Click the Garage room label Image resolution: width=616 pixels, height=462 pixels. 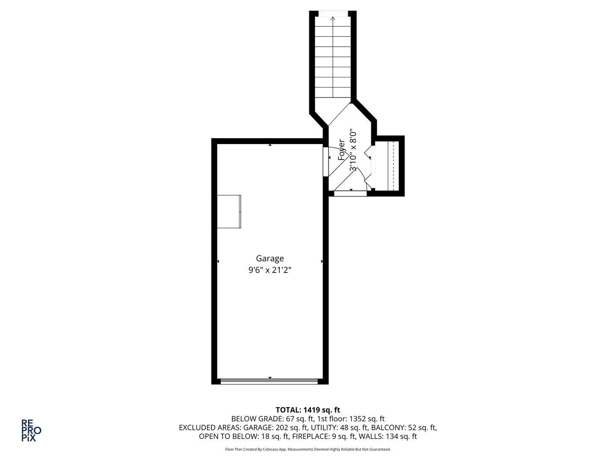click(269, 258)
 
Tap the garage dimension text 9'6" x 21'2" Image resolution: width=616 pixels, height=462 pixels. click(269, 270)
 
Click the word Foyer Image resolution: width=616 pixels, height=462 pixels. click(341, 150)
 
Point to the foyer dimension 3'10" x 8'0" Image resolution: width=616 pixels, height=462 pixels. click(353, 150)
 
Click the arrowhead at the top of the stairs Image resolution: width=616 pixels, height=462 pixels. click(333, 18)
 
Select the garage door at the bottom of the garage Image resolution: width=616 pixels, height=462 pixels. click(269, 381)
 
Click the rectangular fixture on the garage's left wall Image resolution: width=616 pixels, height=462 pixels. click(229, 211)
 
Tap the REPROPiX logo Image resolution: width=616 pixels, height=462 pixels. click(31, 430)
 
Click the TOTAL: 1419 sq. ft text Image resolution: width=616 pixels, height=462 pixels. click(308, 410)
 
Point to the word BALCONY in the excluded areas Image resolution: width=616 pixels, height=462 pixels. click(386, 428)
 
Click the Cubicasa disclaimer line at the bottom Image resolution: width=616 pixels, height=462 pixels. click(308, 450)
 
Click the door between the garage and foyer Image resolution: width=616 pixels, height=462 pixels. click(326, 161)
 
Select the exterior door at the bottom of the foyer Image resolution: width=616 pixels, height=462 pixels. click(350, 193)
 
